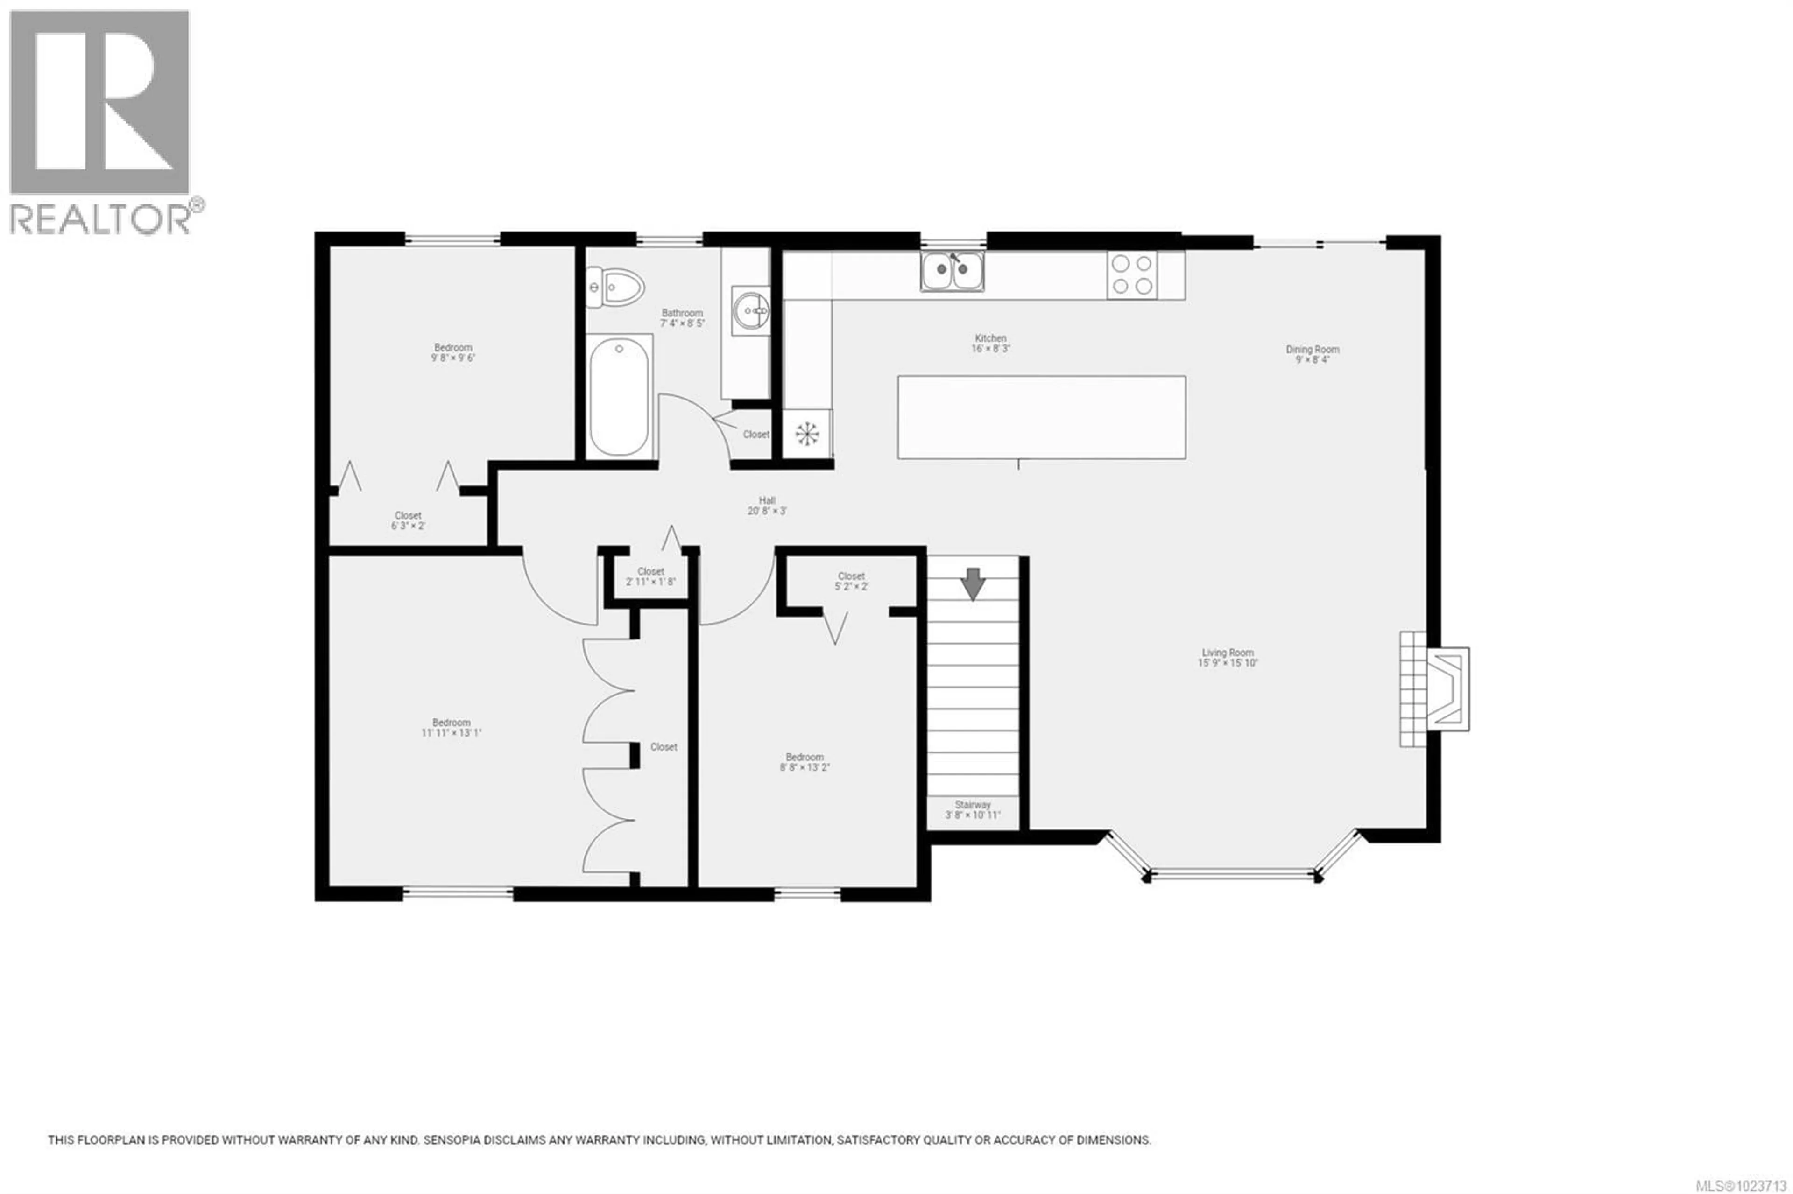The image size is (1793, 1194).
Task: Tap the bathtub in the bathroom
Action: point(619,397)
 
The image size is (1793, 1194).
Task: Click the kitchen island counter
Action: point(1041,417)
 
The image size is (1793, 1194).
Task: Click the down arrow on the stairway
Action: point(973,584)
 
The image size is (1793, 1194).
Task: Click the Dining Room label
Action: point(1313,355)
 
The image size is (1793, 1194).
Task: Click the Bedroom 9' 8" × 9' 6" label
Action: point(452,352)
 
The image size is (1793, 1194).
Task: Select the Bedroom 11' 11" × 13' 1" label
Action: point(451,727)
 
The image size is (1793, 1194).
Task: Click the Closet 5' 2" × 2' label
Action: point(851,582)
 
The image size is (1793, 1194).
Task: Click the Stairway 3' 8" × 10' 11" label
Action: point(973,809)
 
